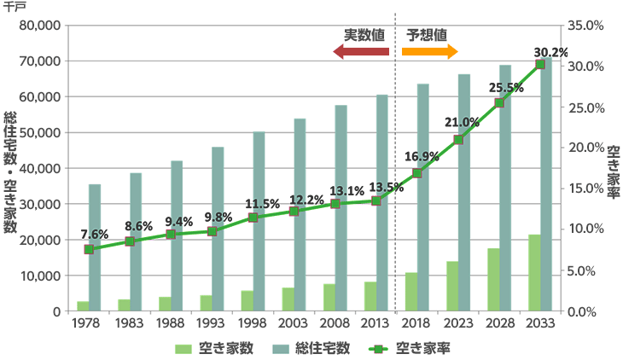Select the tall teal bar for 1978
95,247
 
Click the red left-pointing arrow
361,52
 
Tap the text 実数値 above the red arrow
364,35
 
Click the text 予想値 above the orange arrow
427,35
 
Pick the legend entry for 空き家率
415,348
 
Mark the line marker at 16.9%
417,173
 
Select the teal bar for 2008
341,208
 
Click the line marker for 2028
499,102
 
